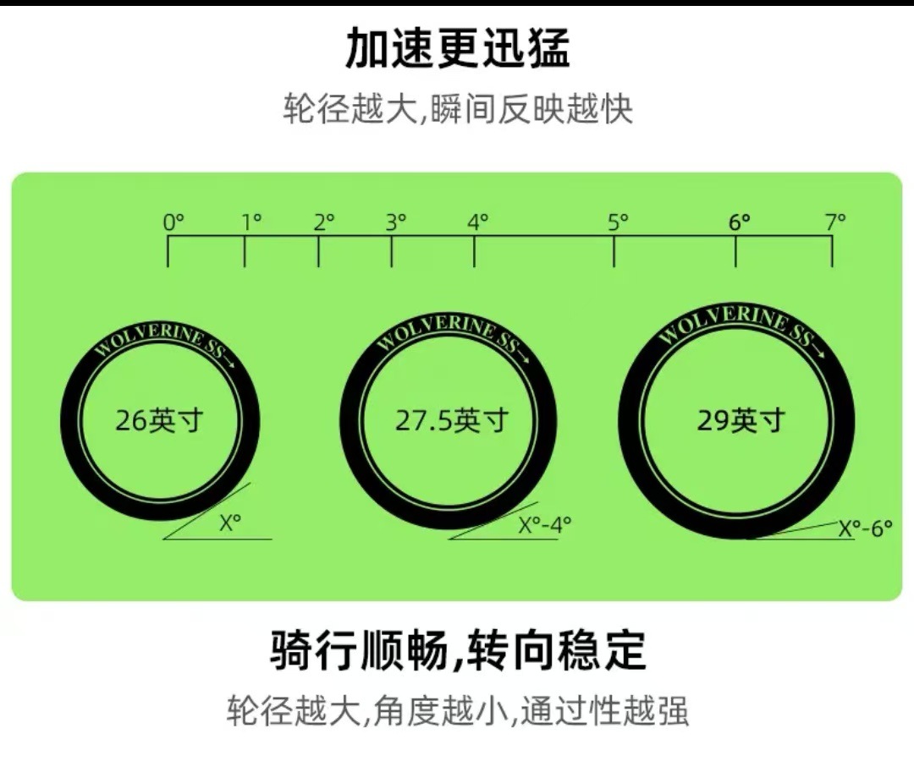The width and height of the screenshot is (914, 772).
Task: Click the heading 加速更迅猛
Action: tap(458, 47)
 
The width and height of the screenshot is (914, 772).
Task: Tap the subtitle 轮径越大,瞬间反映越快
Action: tap(458, 108)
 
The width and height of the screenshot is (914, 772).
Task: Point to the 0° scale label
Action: tap(173, 222)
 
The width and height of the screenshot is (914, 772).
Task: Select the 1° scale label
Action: tap(252, 222)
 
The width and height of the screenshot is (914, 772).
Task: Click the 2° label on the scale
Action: tap(324, 222)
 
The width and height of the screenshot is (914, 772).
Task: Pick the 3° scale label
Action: tap(396, 222)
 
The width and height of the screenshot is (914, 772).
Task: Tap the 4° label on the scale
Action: tap(478, 222)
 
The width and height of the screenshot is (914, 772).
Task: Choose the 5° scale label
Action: tap(619, 222)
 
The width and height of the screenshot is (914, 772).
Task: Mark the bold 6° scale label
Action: tap(740, 222)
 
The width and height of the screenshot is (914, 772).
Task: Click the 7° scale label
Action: tap(835, 222)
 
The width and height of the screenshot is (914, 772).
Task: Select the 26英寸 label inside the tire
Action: tap(159, 420)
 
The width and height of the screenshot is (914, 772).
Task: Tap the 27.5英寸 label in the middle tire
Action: tap(452, 420)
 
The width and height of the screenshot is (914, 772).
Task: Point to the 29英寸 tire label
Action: tap(741, 420)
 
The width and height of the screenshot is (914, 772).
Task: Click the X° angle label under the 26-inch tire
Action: tap(230, 523)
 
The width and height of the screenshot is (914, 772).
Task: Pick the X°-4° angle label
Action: tap(545, 525)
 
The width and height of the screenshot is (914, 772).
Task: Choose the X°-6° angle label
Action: tap(866, 528)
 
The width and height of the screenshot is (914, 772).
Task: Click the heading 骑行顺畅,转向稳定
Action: tap(458, 649)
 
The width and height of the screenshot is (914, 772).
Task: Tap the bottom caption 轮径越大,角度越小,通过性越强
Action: tap(458, 710)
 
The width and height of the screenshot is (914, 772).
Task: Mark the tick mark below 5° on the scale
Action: tap(614, 251)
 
